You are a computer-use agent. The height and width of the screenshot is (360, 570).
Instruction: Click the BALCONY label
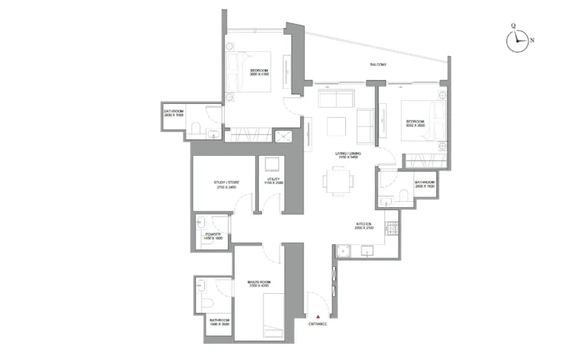(x=379, y=65)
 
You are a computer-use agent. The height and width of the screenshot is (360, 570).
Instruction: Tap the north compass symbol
(x=517, y=41)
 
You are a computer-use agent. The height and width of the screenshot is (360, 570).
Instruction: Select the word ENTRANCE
(x=317, y=325)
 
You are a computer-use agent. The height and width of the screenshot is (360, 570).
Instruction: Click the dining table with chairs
(x=337, y=180)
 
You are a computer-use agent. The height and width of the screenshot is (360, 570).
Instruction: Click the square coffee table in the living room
(x=337, y=126)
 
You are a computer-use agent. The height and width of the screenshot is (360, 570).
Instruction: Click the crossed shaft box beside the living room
(x=283, y=137)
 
